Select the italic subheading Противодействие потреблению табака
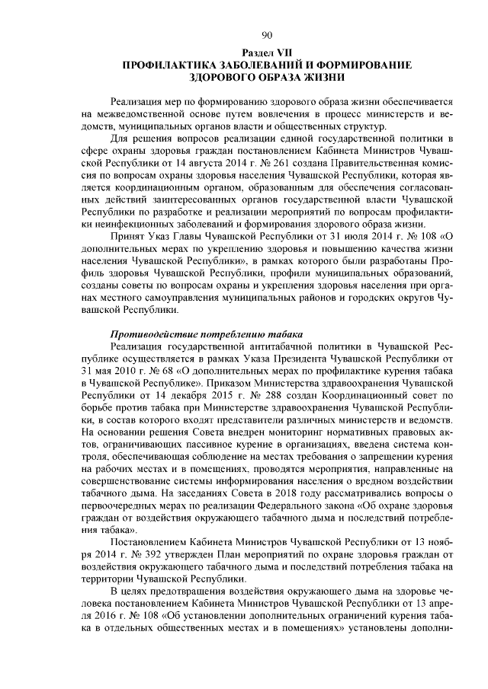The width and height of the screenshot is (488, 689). coord(208,335)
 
